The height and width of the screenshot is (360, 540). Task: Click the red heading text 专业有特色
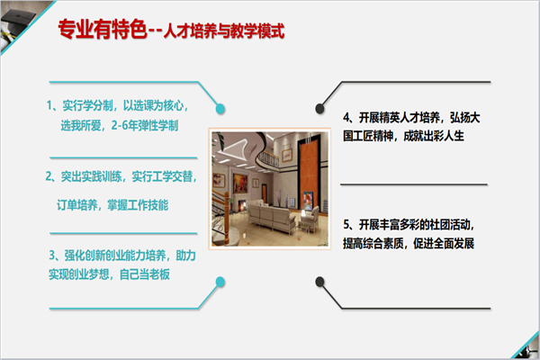103,29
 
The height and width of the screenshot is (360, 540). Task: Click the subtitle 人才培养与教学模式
224,31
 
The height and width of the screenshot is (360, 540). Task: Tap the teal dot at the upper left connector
220,109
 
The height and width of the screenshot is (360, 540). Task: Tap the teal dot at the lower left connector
220,282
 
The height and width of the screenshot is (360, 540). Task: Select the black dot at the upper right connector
319,109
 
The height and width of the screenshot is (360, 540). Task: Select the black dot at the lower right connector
319,282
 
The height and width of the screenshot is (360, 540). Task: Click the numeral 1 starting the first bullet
49,105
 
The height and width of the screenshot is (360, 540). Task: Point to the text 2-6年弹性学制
145,125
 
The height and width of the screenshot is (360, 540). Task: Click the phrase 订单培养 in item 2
77,205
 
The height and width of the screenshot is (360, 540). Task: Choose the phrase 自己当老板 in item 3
145,274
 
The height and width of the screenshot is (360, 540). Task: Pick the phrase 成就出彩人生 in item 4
434,136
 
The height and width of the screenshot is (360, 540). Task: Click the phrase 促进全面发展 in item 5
444,243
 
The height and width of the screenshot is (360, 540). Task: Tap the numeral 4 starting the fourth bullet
346,118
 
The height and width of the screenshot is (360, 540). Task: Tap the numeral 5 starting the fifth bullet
346,225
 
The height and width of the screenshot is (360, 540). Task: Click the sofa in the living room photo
272,215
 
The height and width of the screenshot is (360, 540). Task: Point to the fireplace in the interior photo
242,206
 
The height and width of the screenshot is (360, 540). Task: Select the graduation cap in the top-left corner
15,22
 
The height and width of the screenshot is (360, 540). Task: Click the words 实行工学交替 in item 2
162,176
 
